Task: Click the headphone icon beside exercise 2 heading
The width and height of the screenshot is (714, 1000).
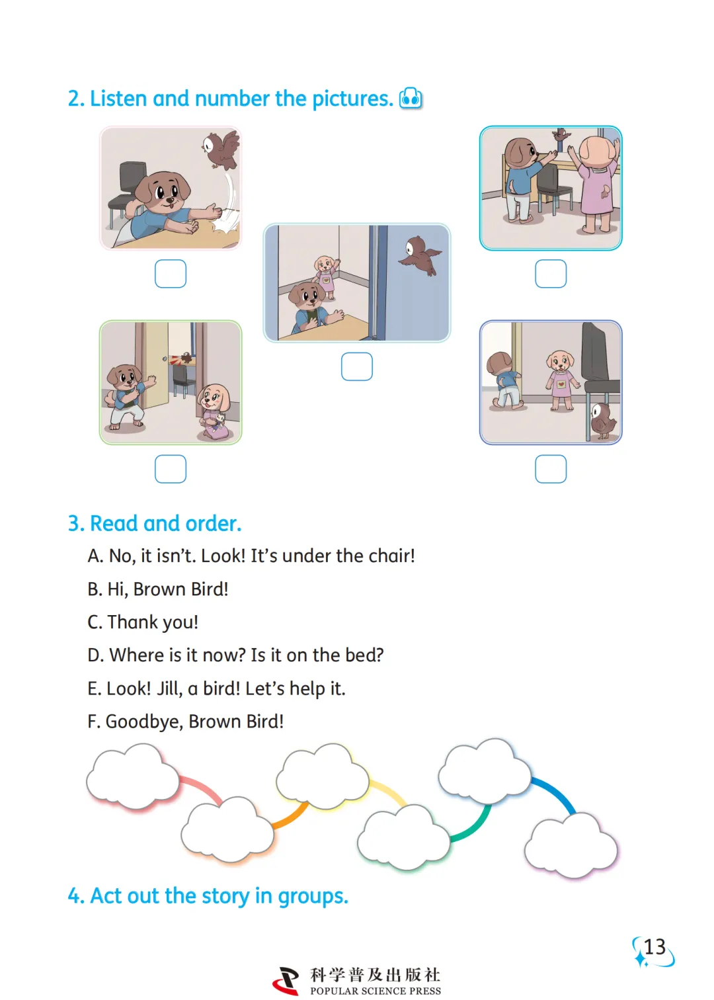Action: click(x=410, y=98)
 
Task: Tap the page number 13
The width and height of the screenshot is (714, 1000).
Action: click(x=654, y=947)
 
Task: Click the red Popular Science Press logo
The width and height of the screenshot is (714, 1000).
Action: click(x=286, y=980)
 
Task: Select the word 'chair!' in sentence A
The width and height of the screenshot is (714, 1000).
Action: click(x=391, y=556)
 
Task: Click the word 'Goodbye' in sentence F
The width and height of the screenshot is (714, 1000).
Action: click(x=144, y=722)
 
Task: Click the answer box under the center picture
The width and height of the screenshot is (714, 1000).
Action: click(x=356, y=366)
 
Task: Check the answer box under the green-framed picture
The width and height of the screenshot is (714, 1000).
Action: click(x=171, y=469)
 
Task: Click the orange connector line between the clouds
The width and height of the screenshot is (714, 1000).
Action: click(x=291, y=816)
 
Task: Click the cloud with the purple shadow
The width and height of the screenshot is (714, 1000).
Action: click(x=571, y=845)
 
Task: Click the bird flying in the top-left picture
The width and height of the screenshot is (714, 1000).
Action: click(x=221, y=149)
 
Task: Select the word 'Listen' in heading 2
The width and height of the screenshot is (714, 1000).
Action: click(x=118, y=98)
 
